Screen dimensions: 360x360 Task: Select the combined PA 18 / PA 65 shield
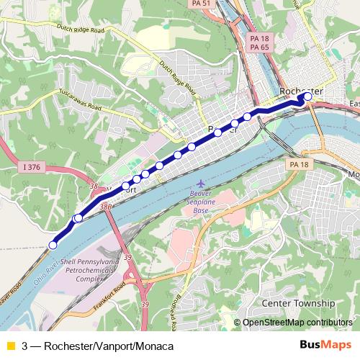[x=258, y=42]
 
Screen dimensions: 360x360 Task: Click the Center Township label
[x=299, y=303]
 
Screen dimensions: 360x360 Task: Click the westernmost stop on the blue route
[x=52, y=246]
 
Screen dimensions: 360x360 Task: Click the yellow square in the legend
[x=9, y=346]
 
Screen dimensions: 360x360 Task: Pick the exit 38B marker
[x=107, y=207]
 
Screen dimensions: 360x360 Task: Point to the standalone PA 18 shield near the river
[x=299, y=165]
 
